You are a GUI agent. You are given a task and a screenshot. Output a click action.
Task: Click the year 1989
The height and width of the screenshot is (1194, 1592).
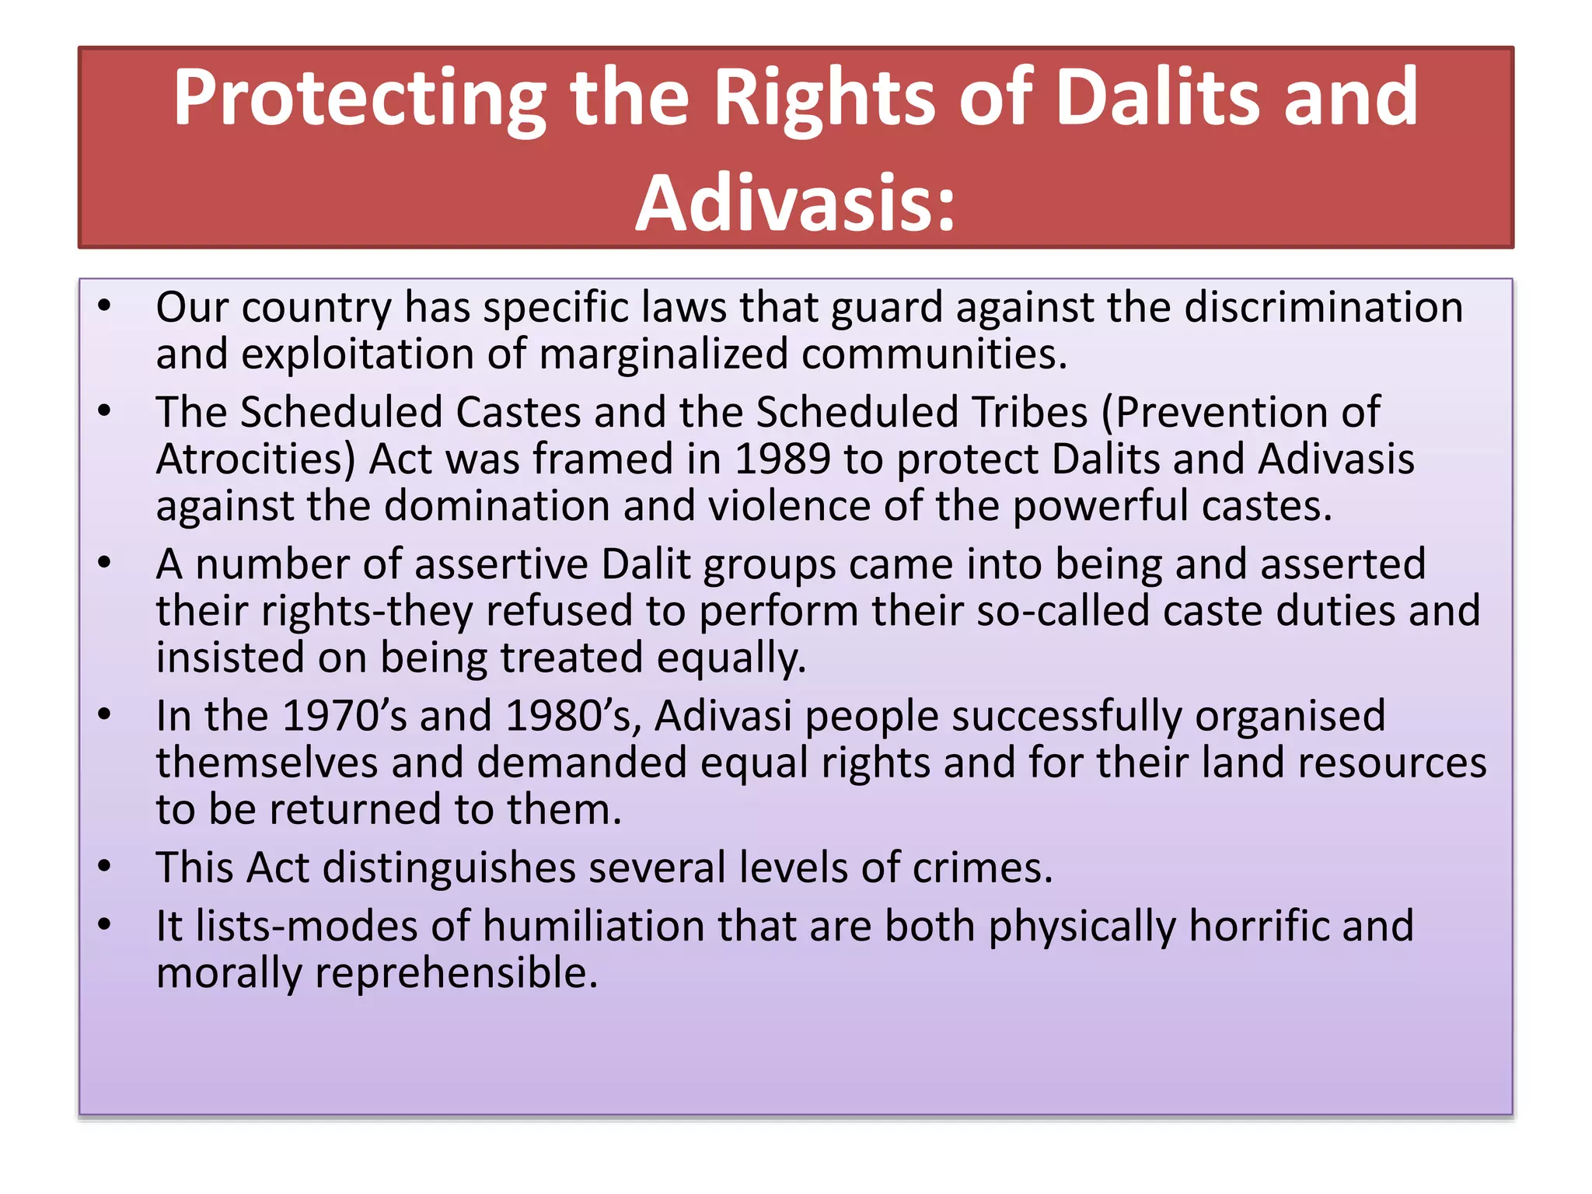pos(782,459)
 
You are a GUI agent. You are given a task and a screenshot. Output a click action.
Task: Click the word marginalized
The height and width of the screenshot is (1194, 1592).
pos(663,354)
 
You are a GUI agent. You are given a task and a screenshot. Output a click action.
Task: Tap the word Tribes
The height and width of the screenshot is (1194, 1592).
pos(1030,412)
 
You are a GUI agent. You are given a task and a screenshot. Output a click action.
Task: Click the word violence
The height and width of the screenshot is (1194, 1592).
pos(788,506)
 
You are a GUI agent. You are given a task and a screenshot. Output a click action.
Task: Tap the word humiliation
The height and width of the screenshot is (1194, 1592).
pos(593,926)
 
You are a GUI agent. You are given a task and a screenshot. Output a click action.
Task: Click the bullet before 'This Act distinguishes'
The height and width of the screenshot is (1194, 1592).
pos(105,866)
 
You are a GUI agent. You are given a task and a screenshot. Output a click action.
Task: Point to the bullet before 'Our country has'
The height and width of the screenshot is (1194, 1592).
pos(105,305)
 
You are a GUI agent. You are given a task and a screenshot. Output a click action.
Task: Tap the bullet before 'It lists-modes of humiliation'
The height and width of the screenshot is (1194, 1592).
pos(105,924)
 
